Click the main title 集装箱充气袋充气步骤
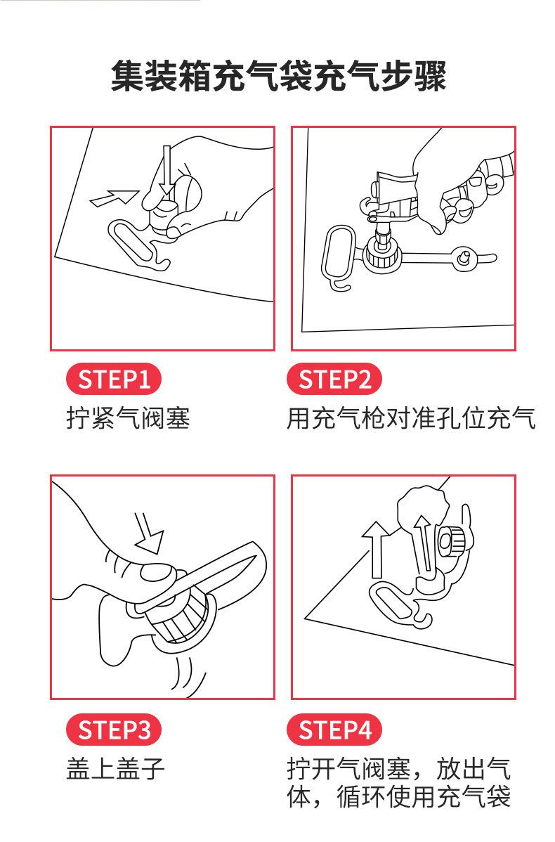[278, 77]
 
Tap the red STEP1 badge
[113, 380]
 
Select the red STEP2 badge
[334, 380]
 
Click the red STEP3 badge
[113, 730]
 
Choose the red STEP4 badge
[334, 730]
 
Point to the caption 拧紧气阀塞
[128, 419]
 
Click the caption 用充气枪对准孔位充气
[411, 419]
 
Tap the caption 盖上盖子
[115, 768]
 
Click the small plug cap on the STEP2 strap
[463, 259]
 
